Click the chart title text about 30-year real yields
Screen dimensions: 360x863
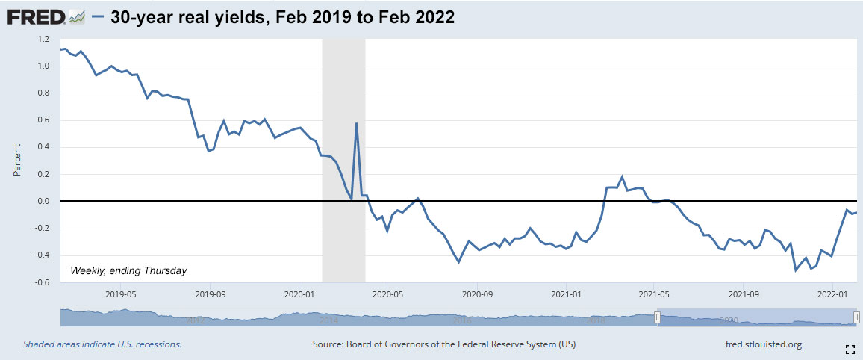coord(282,17)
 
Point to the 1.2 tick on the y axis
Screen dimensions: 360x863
coord(43,39)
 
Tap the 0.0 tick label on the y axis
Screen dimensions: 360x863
coord(43,202)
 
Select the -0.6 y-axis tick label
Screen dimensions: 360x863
coord(42,283)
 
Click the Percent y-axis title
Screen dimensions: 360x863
coord(16,161)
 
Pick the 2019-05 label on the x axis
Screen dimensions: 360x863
coord(120,294)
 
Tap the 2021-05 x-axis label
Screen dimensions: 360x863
coord(654,294)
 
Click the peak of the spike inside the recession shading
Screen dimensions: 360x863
coord(357,123)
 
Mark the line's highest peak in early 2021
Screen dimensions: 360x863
coord(622,177)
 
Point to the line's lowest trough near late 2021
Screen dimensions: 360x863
coord(797,270)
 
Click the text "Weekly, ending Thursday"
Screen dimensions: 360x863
coord(128,270)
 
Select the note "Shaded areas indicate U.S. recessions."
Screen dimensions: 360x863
coord(102,344)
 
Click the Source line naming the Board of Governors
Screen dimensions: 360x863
coord(444,344)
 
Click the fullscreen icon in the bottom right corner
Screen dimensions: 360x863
coord(850,349)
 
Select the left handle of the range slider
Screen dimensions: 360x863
coord(658,318)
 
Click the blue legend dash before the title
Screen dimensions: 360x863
coord(97,17)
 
